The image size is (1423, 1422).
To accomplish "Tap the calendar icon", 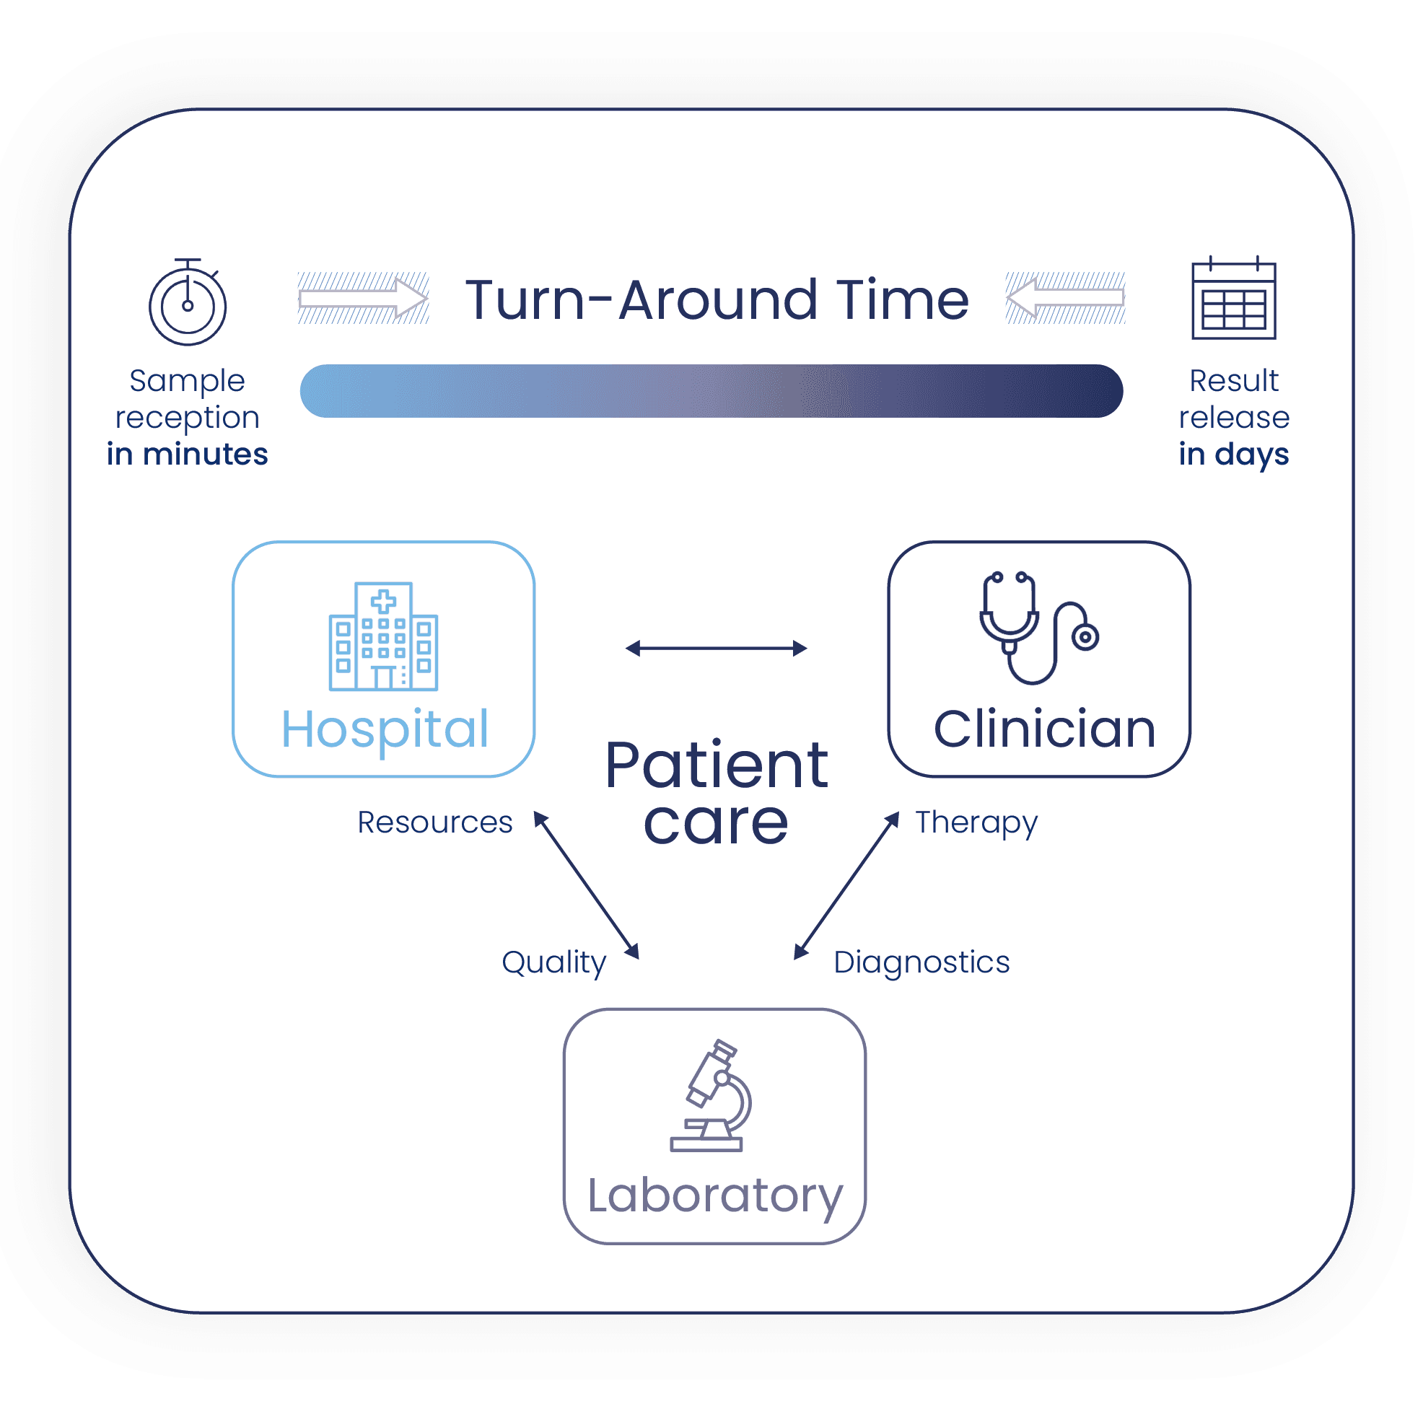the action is point(1234,297).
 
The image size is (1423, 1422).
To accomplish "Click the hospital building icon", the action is point(383,636).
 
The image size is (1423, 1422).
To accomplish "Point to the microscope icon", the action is point(711,1095).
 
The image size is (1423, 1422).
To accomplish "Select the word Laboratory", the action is point(714,1197).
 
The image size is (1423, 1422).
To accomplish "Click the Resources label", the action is point(434,822).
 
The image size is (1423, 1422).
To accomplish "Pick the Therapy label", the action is point(976,823).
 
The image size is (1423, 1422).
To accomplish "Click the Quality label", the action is point(554,963).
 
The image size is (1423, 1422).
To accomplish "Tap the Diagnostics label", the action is point(921,963).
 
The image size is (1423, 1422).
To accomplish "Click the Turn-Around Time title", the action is point(717,299).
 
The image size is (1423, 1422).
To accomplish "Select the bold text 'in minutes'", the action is point(187,454).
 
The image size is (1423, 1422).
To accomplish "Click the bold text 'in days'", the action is point(1234,455).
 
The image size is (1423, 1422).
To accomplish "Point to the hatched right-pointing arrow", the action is point(363,297).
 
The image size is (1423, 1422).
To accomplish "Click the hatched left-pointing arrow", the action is point(1065,297).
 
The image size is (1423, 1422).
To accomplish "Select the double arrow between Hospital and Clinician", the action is point(716,648).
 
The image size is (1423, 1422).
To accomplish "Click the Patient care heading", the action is point(717,792).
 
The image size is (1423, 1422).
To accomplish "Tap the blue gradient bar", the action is point(711,391).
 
